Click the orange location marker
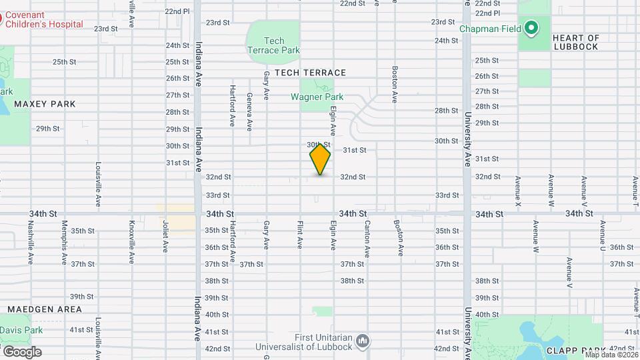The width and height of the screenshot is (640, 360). (320, 159)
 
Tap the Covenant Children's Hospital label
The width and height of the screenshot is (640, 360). (44, 19)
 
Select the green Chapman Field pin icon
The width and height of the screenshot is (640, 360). (531, 28)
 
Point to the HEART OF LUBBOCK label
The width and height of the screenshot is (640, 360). (576, 43)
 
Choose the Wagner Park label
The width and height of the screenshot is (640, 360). (317, 97)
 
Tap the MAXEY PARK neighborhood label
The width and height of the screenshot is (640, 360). (45, 104)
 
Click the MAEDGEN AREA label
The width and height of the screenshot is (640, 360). (45, 309)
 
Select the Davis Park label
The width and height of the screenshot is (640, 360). (21, 330)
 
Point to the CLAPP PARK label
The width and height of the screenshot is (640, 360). (575, 350)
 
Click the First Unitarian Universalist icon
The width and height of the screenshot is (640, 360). (363, 341)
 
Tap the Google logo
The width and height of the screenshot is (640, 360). (21, 351)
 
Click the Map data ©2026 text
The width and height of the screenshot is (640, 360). (611, 355)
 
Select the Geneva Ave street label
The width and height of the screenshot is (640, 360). (249, 111)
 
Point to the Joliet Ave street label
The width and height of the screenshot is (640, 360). (165, 237)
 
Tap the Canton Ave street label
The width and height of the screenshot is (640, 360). (367, 239)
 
